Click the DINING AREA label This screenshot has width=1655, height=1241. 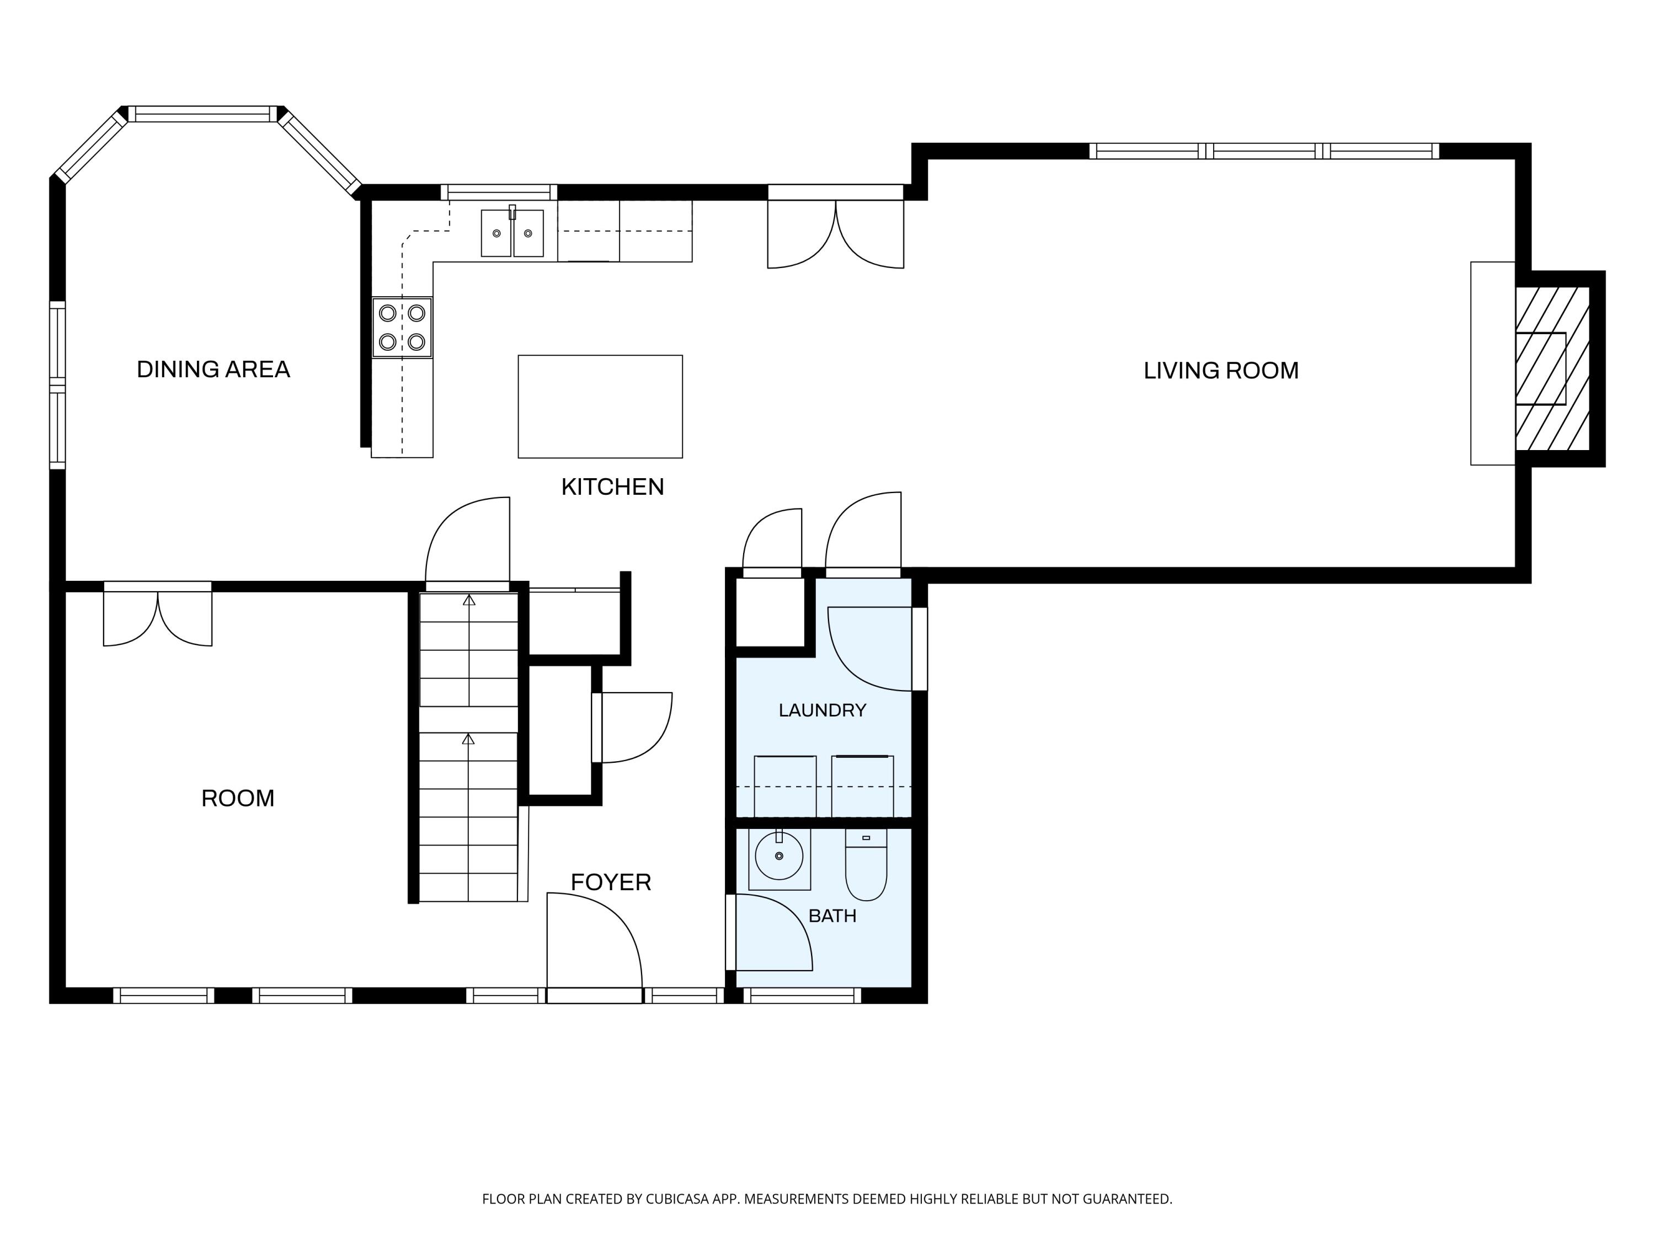click(213, 370)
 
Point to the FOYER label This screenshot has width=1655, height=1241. click(611, 882)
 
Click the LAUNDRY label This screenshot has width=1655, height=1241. click(823, 710)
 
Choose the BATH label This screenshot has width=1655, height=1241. click(832, 916)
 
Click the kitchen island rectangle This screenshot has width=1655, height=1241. click(600, 406)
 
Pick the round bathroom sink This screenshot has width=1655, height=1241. click(779, 857)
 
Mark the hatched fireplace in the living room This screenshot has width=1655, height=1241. click(1552, 369)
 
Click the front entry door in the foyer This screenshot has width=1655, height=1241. click(594, 947)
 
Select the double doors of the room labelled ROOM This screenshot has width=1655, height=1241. click(158, 618)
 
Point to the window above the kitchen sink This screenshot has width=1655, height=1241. click(499, 192)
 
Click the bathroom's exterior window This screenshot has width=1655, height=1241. click(803, 996)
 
